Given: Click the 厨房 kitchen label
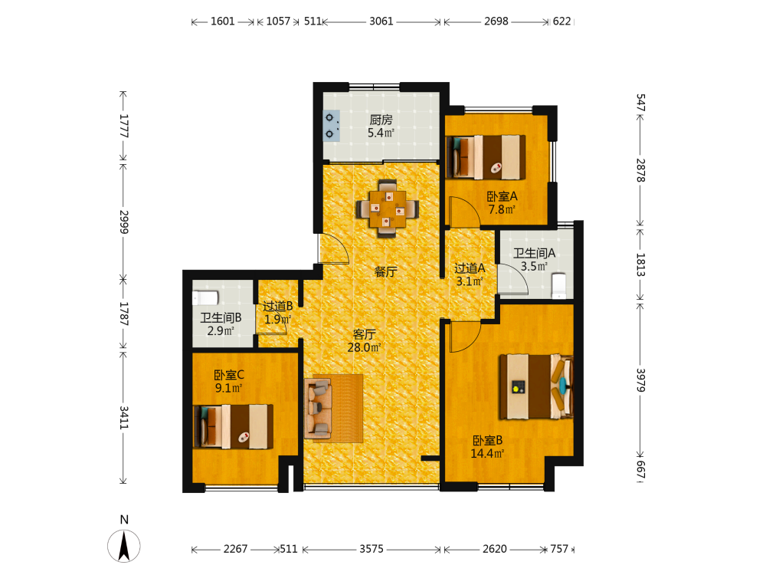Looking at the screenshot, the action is click(x=381, y=120).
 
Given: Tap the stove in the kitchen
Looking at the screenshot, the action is click(x=332, y=126).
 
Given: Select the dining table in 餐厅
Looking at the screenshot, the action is click(x=387, y=209).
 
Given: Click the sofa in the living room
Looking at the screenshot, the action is click(x=318, y=409).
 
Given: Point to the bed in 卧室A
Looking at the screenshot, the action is click(x=486, y=157).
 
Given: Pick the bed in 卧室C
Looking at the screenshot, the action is click(x=233, y=426).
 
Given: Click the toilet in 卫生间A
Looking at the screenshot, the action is click(x=558, y=286).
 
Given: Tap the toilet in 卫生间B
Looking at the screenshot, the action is click(x=205, y=297).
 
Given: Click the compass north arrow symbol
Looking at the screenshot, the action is click(x=124, y=546).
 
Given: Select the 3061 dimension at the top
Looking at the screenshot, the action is click(x=381, y=21).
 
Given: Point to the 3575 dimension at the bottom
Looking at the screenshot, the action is click(x=372, y=549).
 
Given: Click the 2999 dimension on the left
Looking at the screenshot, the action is click(x=123, y=222).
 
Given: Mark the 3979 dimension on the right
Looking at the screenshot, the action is click(x=640, y=380).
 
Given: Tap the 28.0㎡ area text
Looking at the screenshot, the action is click(x=364, y=347).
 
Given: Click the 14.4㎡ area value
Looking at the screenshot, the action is click(x=487, y=453).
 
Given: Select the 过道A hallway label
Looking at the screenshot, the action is click(x=470, y=268).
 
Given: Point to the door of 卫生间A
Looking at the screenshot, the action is click(x=514, y=279).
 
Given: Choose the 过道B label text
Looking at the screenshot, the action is click(x=277, y=306).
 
